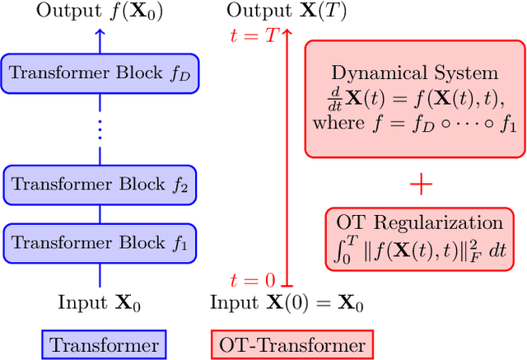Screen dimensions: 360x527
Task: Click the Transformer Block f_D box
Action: pyautogui.click(x=100, y=72)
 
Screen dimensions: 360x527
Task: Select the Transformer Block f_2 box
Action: pyautogui.click(x=100, y=185)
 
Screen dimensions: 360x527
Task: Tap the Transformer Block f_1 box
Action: pyautogui.click(x=100, y=242)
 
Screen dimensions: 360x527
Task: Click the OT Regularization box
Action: pyautogui.click(x=420, y=239)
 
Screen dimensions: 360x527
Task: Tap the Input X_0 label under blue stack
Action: pyautogui.click(x=100, y=303)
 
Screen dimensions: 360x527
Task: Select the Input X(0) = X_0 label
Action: pyautogui.click(x=287, y=303)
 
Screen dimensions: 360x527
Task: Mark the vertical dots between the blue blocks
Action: pyautogui.click(x=100, y=129)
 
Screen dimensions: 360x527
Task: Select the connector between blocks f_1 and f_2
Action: pyautogui.click(x=100, y=213)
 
